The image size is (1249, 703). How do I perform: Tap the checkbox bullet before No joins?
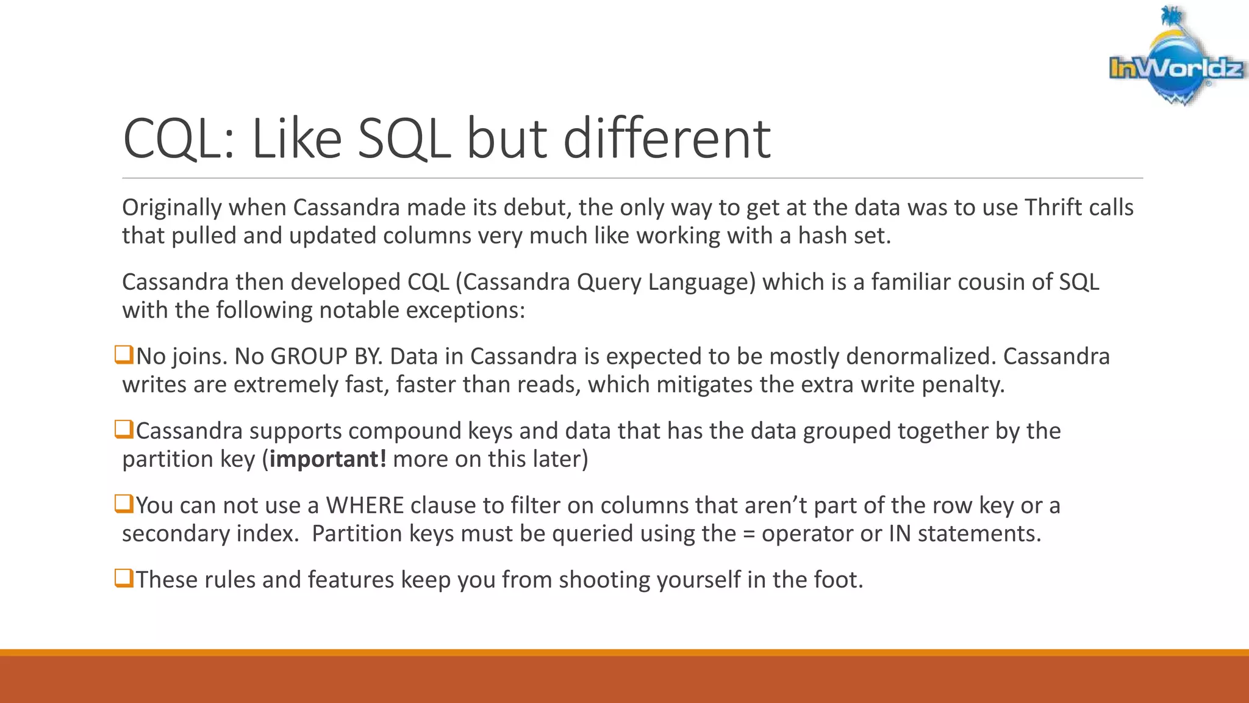point(124,355)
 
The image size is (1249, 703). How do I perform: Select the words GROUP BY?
point(326,356)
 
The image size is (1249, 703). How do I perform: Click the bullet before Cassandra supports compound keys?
point(124,429)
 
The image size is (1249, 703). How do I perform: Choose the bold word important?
point(327,459)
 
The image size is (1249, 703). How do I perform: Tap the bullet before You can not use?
point(124,503)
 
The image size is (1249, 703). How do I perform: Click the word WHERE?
point(365,505)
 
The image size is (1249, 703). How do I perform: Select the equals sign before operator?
point(748,534)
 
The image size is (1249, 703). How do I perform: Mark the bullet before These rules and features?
point(124,578)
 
